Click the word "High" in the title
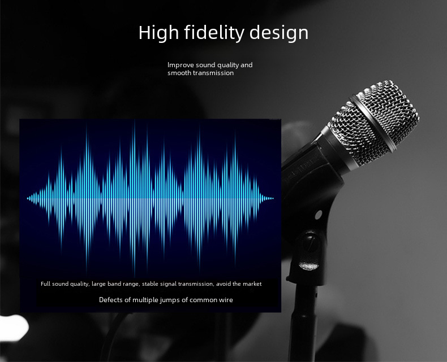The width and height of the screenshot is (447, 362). pos(158,32)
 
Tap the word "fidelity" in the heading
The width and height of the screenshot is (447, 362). pos(214,32)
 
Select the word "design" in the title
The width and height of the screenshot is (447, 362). pos(279,32)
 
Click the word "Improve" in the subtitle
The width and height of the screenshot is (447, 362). pos(180,65)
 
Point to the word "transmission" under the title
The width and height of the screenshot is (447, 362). pos(213,73)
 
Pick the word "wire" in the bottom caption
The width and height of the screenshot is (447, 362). pos(226,300)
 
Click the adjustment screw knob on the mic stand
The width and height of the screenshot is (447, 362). pos(310,250)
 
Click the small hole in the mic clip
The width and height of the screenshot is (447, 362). pos(319,214)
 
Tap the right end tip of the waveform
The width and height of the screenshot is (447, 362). pos(273,198)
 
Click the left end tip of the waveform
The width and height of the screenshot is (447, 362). pos(28,198)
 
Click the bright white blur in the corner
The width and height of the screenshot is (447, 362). pos(14,328)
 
